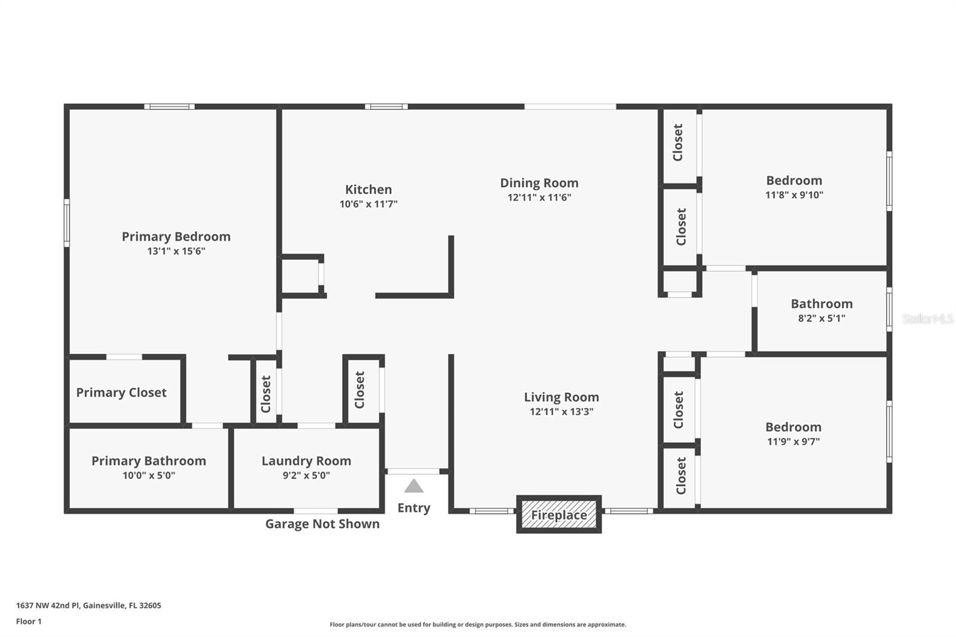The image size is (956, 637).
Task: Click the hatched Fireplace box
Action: coord(559,514)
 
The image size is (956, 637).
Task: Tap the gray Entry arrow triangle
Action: coord(413,486)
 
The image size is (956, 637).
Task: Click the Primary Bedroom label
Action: coord(176,237)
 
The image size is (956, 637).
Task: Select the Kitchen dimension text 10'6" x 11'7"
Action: coord(369,204)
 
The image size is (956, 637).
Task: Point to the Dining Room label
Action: coord(539,183)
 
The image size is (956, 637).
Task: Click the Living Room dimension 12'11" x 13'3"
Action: coord(561,412)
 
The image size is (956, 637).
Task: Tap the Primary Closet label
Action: coord(121,393)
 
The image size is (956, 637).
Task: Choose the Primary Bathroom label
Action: coord(149,461)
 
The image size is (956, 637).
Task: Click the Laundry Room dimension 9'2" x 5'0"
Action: coord(306,476)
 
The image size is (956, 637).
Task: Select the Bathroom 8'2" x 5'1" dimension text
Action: coord(822,318)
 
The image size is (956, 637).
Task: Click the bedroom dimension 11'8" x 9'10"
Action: coord(794,195)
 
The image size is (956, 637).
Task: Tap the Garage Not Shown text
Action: coord(322,524)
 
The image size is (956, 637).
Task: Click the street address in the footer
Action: coord(88,605)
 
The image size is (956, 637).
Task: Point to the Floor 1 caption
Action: coord(29,621)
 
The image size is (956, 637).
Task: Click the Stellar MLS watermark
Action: coord(927,319)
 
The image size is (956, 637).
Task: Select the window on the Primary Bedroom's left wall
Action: coord(67,222)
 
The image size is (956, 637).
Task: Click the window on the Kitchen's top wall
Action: coord(386,107)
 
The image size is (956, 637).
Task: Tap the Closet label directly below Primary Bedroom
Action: coord(266,394)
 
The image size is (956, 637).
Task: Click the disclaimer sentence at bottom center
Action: coord(477,624)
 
